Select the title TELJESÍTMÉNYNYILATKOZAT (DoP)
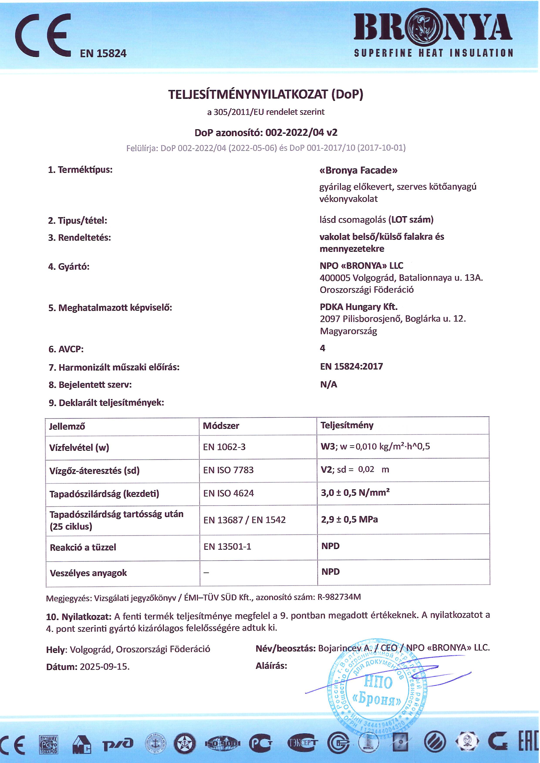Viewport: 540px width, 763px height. pyautogui.click(x=265, y=94)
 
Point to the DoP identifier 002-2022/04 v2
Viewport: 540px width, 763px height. pyautogui.click(x=301, y=133)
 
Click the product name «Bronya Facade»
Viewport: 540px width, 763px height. pyautogui.click(x=358, y=170)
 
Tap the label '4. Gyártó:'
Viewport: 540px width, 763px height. pyautogui.click(x=69, y=267)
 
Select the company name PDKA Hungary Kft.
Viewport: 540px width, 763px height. pyautogui.click(x=358, y=307)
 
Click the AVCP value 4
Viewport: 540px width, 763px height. pyautogui.click(x=322, y=348)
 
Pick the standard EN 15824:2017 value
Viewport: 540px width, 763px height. pyautogui.click(x=351, y=366)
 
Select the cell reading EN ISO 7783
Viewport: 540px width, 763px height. pyautogui.click(x=228, y=470)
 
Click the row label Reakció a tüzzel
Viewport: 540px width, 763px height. pyautogui.click(x=83, y=547)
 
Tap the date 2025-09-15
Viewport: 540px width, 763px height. pyautogui.click(x=105, y=667)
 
